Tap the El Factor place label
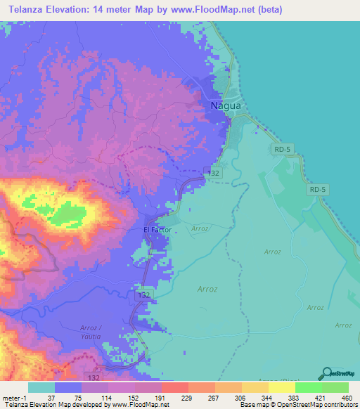(x=157, y=230)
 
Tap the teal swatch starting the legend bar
(x=41, y=387)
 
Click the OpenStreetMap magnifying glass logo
(x=326, y=373)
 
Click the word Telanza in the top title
(x=28, y=9)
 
